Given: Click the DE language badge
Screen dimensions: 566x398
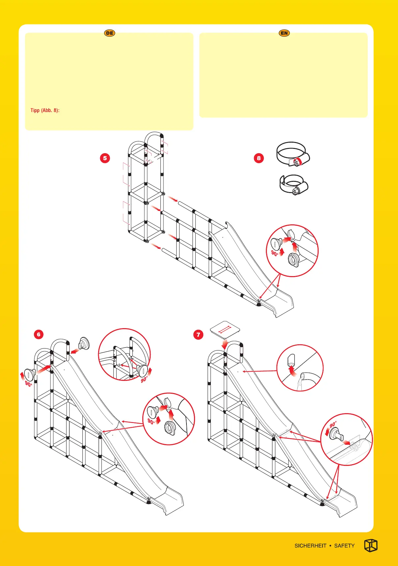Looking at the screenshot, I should (x=110, y=33).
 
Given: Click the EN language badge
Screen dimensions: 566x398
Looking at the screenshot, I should (x=284, y=33).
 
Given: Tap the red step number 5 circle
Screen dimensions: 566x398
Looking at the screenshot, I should (x=105, y=158).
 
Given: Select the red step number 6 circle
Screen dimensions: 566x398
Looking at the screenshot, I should (x=39, y=334).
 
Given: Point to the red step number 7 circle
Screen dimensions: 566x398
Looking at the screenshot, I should (x=198, y=335).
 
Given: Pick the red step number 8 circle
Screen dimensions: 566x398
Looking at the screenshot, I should (x=259, y=158).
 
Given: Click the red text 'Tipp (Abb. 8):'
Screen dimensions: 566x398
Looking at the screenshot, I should (x=45, y=110).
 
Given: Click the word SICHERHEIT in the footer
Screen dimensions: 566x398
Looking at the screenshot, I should (x=310, y=546).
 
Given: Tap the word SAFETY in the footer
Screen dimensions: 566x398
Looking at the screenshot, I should (x=344, y=546).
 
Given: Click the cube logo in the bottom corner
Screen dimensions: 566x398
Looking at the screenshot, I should (x=371, y=546).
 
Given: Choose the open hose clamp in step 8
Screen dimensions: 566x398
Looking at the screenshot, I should (x=294, y=185).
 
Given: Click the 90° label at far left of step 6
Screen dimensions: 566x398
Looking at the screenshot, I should (x=28, y=384).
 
